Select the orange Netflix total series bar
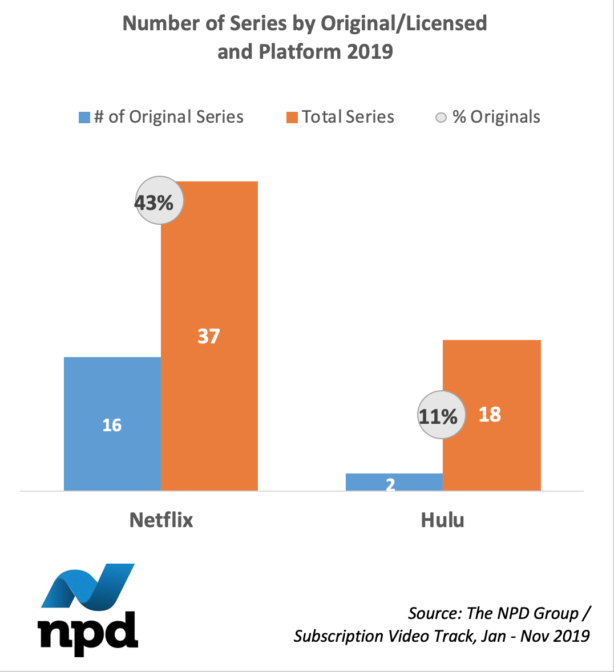click(x=209, y=274)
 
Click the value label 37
click(x=209, y=336)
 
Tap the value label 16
click(x=112, y=425)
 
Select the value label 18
click(x=490, y=415)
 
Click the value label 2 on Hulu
click(x=390, y=485)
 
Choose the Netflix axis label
click(x=161, y=520)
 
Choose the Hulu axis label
click(x=443, y=520)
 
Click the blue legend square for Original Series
click(x=84, y=118)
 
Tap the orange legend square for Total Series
click(x=292, y=118)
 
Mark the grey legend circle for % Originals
click(x=441, y=118)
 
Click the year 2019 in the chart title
click(x=370, y=52)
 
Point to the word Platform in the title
click(x=300, y=52)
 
